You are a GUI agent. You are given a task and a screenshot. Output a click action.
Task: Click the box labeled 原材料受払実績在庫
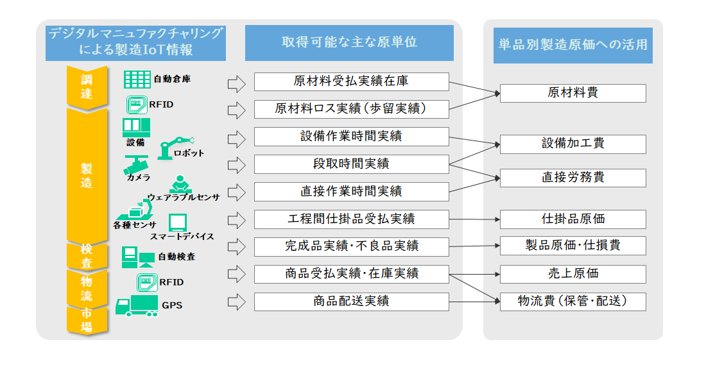pyautogui.click(x=351, y=81)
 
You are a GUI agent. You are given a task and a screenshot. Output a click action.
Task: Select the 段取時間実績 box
pyautogui.click(x=351, y=164)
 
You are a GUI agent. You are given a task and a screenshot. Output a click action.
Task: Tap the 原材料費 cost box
pyautogui.click(x=573, y=93)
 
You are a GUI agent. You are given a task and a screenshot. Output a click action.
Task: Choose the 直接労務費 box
pyautogui.click(x=573, y=178)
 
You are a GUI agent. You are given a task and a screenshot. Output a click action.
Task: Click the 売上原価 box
pyautogui.click(x=573, y=274)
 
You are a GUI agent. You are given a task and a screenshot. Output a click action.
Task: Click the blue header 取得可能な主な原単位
pyautogui.click(x=349, y=42)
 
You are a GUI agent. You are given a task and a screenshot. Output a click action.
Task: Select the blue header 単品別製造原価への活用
pyautogui.click(x=573, y=45)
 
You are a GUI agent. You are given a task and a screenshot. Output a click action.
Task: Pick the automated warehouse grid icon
pyautogui.click(x=137, y=80)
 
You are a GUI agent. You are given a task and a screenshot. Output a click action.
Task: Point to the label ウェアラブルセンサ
pyautogui.click(x=184, y=197)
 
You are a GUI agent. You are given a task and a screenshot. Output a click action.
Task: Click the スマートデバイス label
pyautogui.click(x=182, y=237)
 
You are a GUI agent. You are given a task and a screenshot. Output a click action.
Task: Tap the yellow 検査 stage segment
pyautogui.click(x=87, y=255)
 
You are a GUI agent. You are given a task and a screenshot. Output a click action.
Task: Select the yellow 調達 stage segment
pyautogui.click(x=87, y=87)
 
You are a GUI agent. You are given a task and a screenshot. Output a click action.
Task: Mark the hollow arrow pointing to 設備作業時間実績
pyautogui.click(x=237, y=137)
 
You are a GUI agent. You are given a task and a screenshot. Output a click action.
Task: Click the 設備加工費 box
pyautogui.click(x=573, y=144)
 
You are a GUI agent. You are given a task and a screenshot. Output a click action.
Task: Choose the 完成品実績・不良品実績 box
pyautogui.click(x=351, y=246)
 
